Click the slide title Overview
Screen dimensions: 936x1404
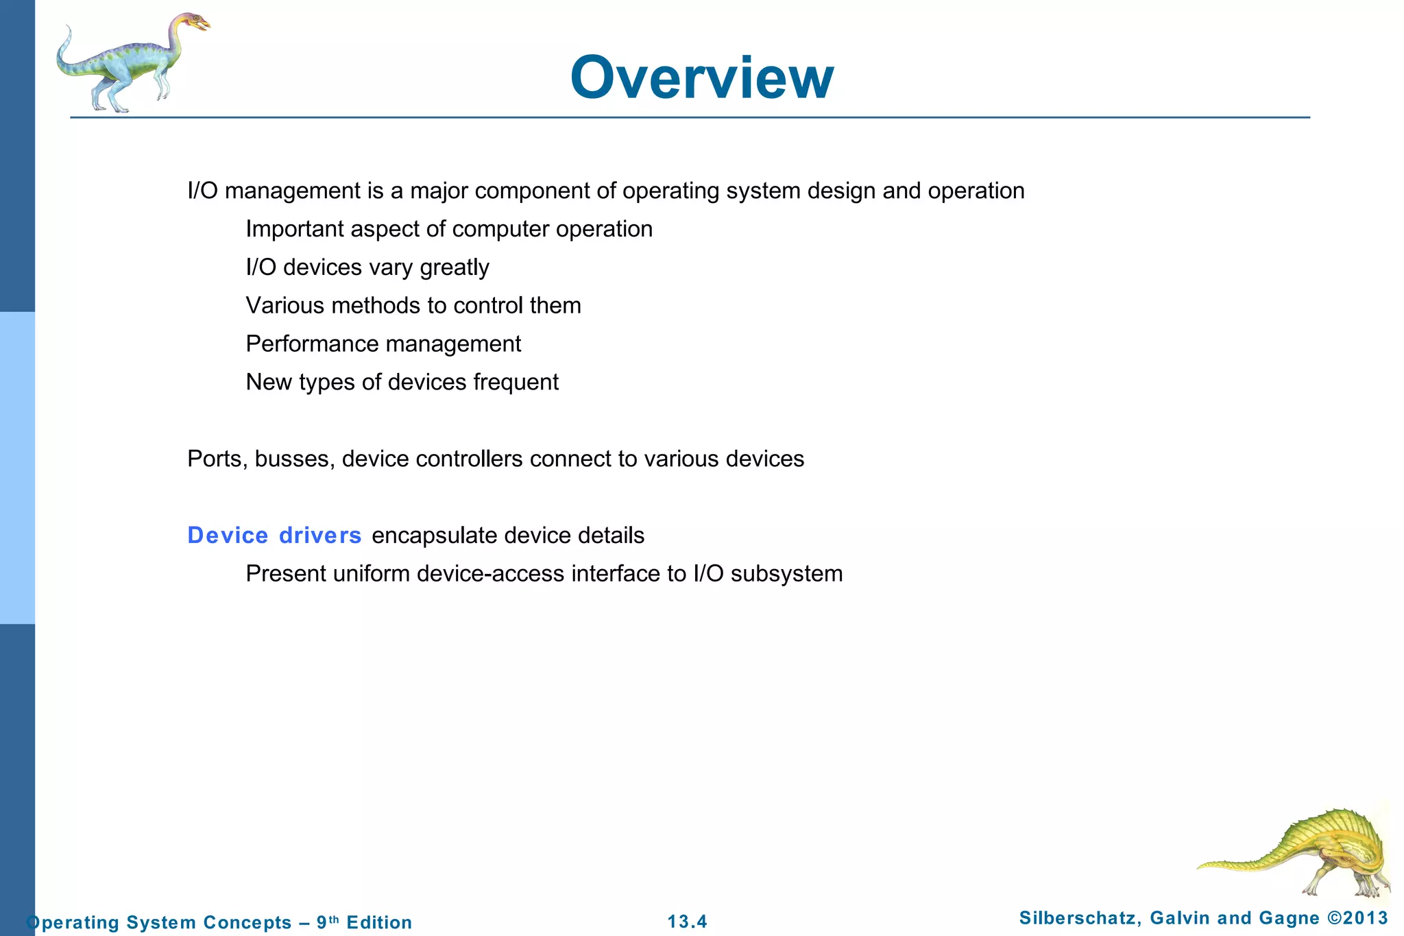point(701,77)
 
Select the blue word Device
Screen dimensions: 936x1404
point(228,536)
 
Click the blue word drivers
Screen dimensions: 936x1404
point(320,536)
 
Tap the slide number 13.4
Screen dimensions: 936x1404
point(687,922)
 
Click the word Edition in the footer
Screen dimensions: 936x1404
point(379,922)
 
